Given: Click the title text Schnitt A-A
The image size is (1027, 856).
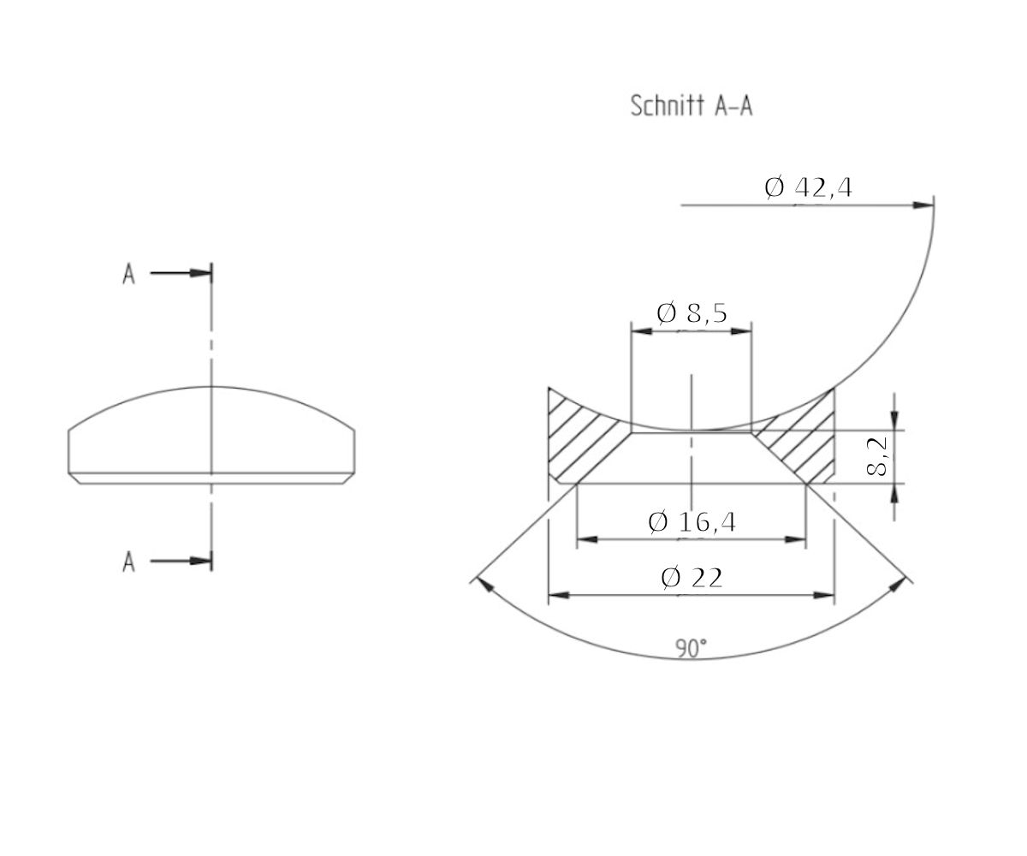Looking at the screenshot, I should click(692, 106).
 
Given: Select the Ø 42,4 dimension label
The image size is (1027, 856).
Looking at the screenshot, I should click(808, 187).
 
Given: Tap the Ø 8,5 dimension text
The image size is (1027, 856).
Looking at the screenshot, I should click(692, 313).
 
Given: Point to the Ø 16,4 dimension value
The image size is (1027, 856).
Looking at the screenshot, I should click(692, 521).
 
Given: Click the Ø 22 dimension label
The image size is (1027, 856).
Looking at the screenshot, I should click(692, 578).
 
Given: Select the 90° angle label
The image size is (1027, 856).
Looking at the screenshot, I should click(691, 649).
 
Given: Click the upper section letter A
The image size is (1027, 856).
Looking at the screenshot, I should click(128, 275).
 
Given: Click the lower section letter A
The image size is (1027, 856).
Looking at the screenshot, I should click(128, 562).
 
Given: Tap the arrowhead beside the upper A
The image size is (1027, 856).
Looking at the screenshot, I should click(201, 274).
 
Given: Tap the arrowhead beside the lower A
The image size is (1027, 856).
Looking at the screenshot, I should click(201, 562).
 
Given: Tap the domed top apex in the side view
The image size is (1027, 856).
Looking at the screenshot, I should click(211, 387).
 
